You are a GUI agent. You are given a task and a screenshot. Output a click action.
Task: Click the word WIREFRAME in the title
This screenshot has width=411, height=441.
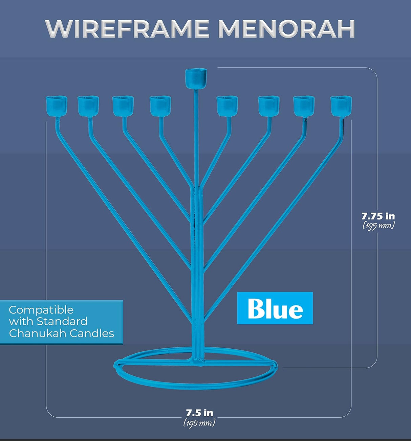click(x=127, y=29)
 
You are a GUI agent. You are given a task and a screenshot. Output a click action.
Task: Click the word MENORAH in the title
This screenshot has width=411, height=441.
click(x=286, y=29)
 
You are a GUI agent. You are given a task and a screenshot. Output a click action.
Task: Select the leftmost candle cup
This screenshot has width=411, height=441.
click(x=57, y=106)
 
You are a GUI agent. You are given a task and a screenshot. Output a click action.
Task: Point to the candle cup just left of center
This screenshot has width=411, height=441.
click(x=160, y=106)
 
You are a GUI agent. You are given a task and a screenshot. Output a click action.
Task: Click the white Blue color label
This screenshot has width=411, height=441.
click(x=275, y=308)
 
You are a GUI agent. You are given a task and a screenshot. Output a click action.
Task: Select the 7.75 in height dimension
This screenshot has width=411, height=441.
click(x=378, y=216)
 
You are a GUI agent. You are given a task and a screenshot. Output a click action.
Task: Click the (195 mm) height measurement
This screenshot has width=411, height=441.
click(x=378, y=226)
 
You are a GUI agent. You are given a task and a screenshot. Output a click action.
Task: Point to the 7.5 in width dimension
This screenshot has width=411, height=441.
click(x=199, y=413)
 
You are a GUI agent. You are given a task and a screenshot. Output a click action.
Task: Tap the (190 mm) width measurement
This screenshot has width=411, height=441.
click(x=199, y=423)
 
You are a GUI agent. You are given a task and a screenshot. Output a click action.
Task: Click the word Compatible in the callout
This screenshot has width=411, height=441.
click(x=41, y=310)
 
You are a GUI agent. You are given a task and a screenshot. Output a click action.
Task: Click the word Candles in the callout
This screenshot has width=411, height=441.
click(x=92, y=333)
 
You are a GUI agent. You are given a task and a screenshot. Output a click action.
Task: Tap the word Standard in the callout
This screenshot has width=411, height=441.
click(x=62, y=321)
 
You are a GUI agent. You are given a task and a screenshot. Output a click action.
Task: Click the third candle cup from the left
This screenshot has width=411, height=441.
click(x=123, y=106)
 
